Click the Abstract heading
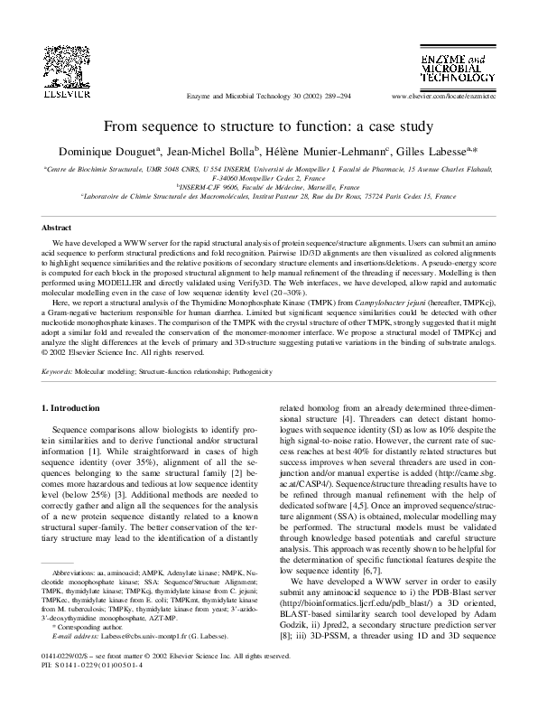(58, 229)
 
